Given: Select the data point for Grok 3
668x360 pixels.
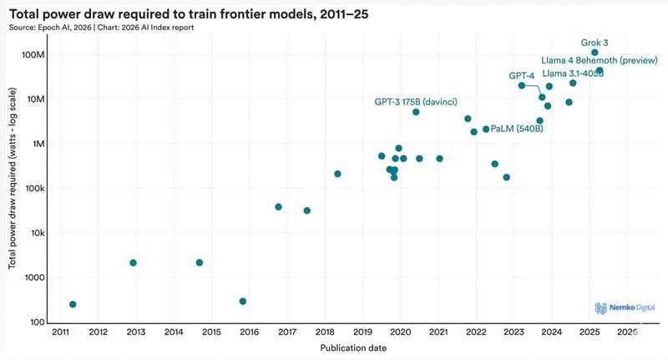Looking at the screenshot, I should [x=595, y=53].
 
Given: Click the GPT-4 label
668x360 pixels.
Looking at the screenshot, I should [x=521, y=75].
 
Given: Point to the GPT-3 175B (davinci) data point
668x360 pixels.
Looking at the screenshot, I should [x=416, y=112].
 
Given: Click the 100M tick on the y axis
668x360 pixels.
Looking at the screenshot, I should [x=32, y=54].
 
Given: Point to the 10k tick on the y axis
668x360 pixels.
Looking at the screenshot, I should [x=36, y=233].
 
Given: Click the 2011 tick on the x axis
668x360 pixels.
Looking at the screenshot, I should [x=60, y=332].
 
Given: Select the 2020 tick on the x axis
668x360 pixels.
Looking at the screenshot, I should [x=401, y=332].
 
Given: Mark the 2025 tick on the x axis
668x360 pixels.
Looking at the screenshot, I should [x=590, y=332].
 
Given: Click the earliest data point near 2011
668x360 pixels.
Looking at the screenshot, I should [x=73, y=305].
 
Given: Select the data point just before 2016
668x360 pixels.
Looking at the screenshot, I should [x=243, y=302].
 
